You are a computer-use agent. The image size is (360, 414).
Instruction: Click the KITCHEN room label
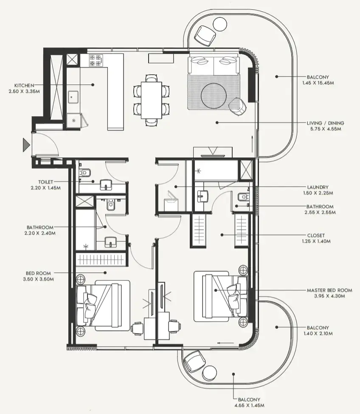(24, 86)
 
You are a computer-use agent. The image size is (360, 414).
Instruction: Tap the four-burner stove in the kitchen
(96, 61)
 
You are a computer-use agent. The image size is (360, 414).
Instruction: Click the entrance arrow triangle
(26, 145)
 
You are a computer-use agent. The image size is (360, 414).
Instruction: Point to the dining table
(152, 101)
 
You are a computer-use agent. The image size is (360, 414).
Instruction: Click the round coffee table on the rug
(214, 95)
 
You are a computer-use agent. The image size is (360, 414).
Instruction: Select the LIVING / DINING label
(325, 123)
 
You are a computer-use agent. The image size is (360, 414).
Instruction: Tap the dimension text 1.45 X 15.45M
(318, 83)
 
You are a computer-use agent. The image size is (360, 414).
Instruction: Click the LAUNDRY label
(318, 187)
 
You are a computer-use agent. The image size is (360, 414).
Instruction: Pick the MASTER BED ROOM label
(329, 290)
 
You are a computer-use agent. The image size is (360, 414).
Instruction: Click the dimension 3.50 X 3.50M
(38, 279)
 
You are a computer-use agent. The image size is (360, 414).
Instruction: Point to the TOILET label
(46, 182)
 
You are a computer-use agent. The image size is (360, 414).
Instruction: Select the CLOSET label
(316, 235)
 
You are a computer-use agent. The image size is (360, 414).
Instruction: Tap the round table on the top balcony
(220, 24)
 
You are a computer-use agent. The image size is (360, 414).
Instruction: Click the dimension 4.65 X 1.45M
(249, 405)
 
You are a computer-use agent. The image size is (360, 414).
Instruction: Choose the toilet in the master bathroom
(243, 197)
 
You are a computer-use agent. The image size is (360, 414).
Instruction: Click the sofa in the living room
(214, 64)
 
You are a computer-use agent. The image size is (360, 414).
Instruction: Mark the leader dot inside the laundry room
(176, 187)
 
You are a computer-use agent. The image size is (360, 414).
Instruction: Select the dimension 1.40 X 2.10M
(318, 333)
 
